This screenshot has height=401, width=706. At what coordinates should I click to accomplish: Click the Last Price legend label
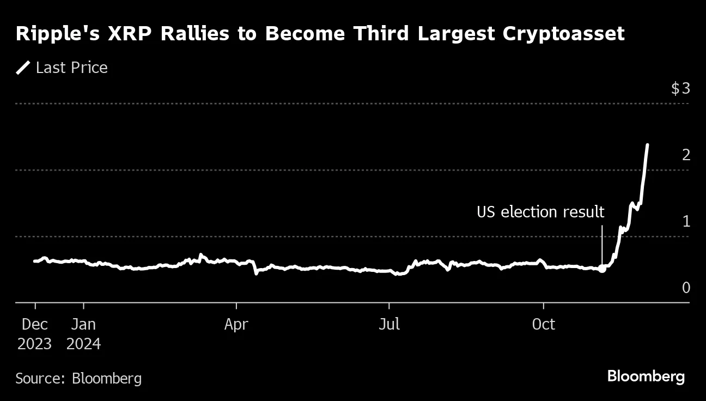(x=71, y=68)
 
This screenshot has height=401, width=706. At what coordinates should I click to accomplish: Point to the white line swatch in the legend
(x=23, y=68)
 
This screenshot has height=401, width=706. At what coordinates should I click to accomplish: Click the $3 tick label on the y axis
(x=680, y=88)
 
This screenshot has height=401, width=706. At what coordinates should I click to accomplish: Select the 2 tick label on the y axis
(x=686, y=155)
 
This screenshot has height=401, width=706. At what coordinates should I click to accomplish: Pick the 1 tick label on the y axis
(x=686, y=221)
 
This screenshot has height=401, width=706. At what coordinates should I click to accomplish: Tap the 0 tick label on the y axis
(x=686, y=288)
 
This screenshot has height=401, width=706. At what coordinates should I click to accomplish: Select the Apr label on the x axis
(x=236, y=325)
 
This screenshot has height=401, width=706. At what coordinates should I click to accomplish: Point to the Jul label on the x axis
(x=389, y=325)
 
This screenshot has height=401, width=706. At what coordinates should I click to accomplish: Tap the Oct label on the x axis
(x=543, y=325)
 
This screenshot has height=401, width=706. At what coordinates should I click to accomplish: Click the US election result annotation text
(x=540, y=211)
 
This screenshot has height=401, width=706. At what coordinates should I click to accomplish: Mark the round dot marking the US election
(x=602, y=269)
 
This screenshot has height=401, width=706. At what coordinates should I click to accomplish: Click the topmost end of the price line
(x=647, y=145)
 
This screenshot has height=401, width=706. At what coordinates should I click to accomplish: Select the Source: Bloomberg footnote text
(x=78, y=378)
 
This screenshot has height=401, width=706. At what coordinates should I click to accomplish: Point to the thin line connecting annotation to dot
(x=602, y=245)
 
